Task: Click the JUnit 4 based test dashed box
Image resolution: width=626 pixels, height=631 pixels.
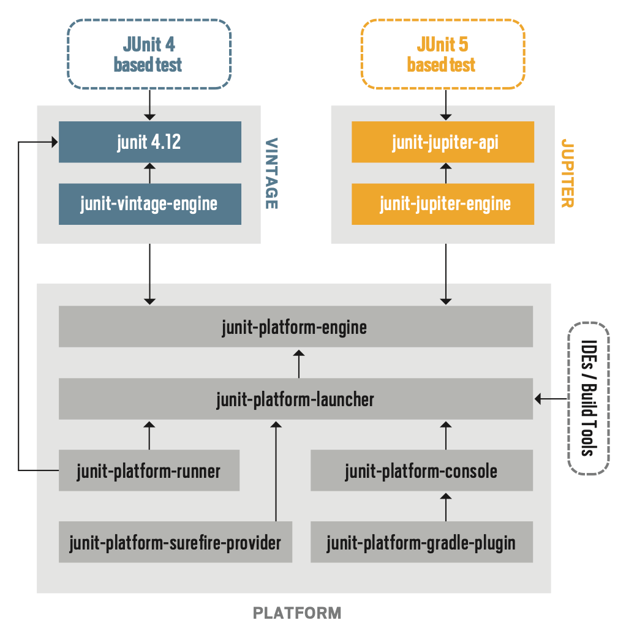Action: (149, 54)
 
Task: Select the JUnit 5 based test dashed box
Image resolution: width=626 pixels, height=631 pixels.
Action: (442, 54)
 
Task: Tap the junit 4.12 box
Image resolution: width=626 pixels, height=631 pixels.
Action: (149, 142)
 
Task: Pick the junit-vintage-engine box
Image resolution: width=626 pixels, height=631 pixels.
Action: (149, 203)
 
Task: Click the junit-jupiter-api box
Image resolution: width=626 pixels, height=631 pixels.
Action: (442, 142)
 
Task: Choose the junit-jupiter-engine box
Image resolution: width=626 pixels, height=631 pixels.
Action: (442, 203)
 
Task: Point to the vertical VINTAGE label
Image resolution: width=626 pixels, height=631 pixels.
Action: (271, 174)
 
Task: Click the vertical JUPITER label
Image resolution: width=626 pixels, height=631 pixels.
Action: (567, 174)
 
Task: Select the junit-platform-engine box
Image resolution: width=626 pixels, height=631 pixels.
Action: (295, 327)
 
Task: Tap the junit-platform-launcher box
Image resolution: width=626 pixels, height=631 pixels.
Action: (295, 399)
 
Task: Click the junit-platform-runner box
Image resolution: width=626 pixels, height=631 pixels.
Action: (149, 470)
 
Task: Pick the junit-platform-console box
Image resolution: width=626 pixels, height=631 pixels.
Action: (421, 470)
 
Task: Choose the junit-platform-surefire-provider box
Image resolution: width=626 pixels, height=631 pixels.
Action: (175, 542)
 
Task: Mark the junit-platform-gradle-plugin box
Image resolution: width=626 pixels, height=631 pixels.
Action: (421, 542)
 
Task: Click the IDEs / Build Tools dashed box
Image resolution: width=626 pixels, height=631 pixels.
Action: (589, 399)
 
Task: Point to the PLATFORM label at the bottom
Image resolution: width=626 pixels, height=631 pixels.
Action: (297, 613)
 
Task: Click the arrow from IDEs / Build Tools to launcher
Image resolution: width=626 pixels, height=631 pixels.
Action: (551, 399)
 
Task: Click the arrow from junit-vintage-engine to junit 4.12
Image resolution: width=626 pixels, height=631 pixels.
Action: (149, 173)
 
